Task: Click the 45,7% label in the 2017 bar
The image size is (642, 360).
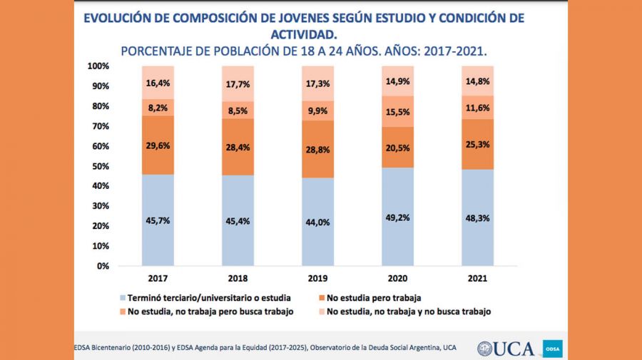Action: point(158,220)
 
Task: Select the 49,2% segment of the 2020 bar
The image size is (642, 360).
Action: point(397,217)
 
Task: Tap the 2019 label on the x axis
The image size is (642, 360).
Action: point(317,278)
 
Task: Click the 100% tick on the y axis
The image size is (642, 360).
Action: point(97,66)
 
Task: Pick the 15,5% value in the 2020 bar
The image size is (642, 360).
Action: point(397,111)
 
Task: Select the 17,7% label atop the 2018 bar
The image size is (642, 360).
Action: point(238,83)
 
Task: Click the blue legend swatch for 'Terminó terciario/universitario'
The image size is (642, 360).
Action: point(123,297)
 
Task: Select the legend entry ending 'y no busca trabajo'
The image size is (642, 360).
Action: point(407,312)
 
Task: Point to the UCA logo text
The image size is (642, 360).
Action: point(514,348)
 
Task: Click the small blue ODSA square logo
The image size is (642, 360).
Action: point(553,349)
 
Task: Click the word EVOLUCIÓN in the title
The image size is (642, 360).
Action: point(121,18)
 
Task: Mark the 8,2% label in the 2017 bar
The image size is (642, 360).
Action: point(158,107)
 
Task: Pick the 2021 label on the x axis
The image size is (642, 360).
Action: point(478,278)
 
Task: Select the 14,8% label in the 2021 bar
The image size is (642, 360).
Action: point(478,81)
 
